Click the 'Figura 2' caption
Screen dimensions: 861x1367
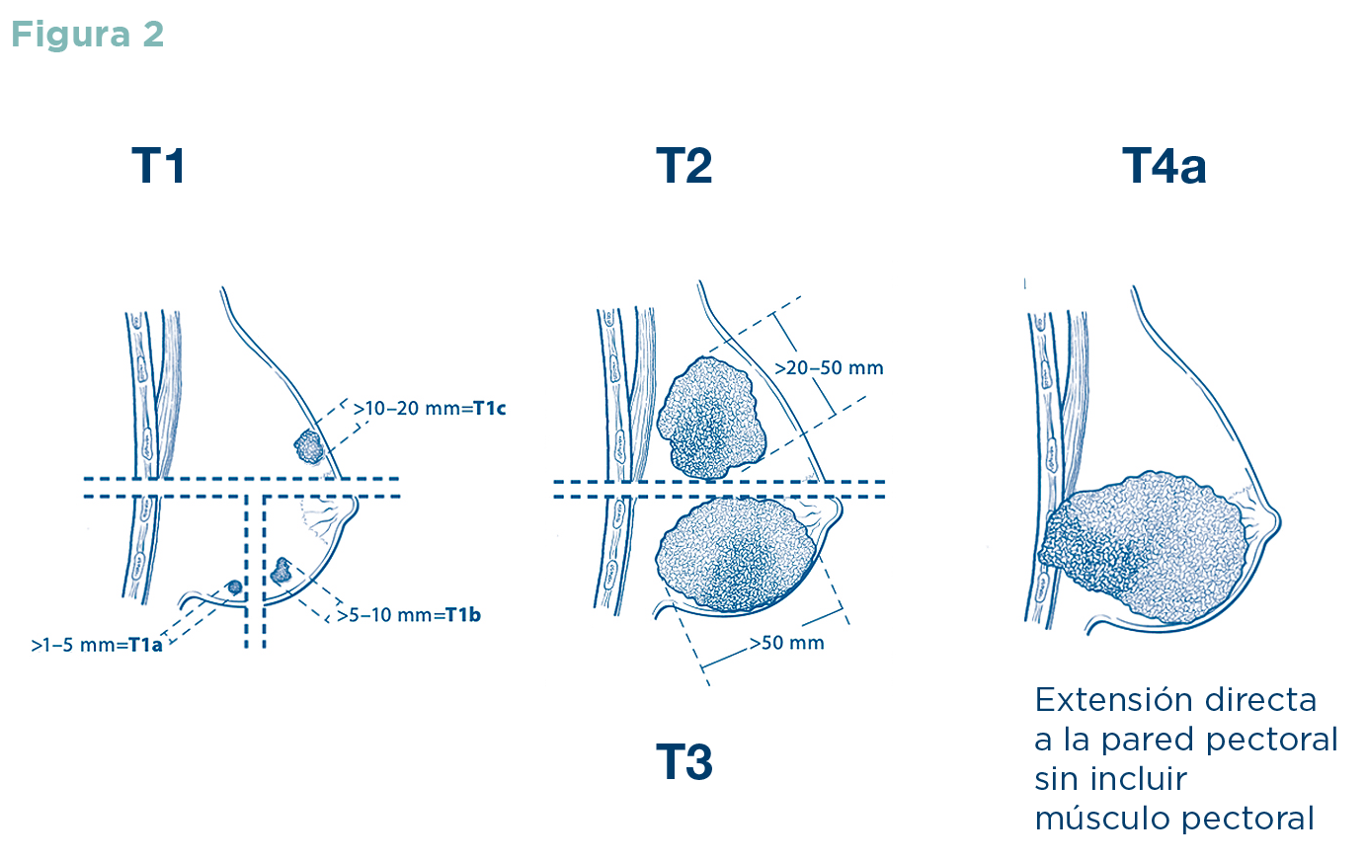point(87,35)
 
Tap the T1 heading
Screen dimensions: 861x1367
point(158,166)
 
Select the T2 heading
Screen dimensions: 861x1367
point(683,166)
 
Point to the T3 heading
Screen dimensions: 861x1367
point(683,762)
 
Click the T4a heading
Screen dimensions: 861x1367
point(1164,166)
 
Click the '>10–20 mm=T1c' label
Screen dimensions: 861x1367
point(430,408)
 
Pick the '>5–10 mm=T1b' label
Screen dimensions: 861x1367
point(409,615)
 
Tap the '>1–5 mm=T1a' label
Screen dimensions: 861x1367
point(97,646)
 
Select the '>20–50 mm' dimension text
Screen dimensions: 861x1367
point(829,368)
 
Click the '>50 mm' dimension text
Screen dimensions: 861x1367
point(786,643)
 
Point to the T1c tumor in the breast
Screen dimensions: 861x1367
point(309,447)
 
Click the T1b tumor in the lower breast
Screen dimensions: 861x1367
point(281,569)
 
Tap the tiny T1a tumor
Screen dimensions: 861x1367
point(234,587)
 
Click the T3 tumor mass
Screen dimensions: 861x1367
point(736,553)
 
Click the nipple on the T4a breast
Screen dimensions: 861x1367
point(1274,520)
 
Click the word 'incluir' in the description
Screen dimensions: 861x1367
point(1147,779)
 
